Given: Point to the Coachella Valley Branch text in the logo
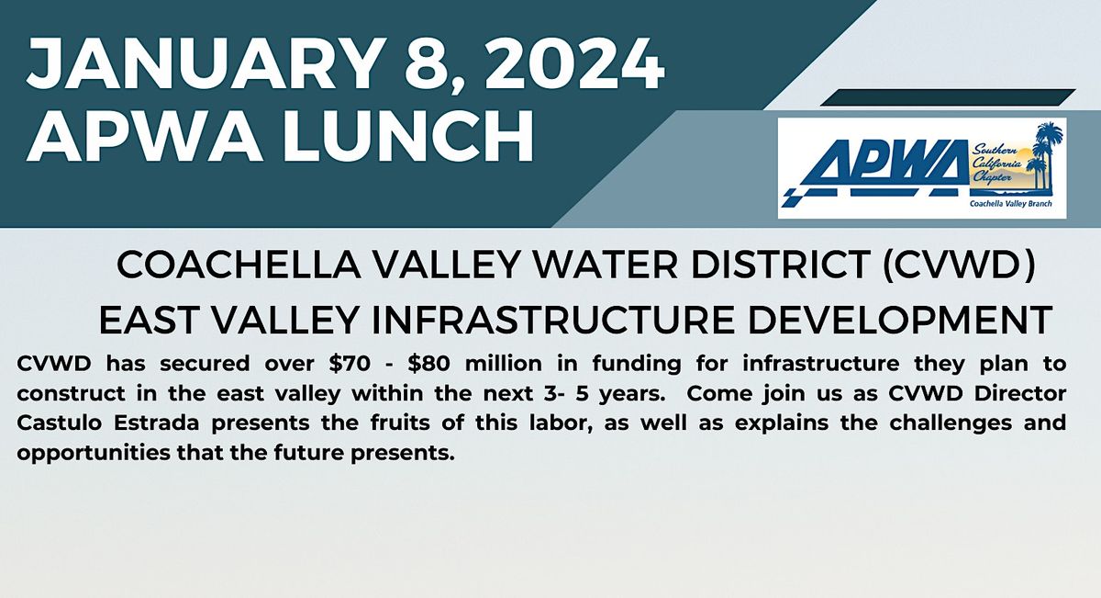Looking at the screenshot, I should (x=1017, y=206).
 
